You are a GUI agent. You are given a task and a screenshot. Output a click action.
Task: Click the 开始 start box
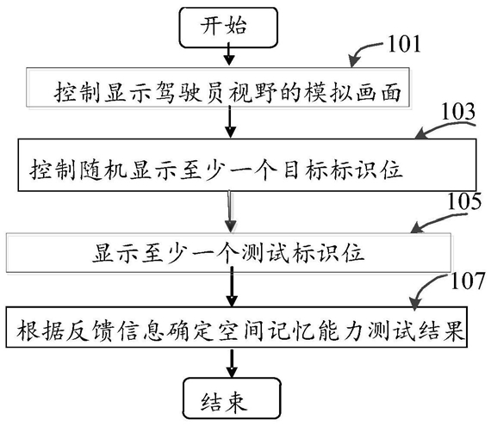(x=228, y=28)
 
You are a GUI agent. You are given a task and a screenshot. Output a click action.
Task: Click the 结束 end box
(x=232, y=398)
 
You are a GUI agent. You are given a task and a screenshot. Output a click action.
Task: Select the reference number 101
(x=404, y=44)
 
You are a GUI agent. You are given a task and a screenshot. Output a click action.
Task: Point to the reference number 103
(x=458, y=112)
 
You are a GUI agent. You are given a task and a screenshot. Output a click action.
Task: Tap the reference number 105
(x=464, y=201)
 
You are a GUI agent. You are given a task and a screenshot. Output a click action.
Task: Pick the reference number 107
(x=468, y=281)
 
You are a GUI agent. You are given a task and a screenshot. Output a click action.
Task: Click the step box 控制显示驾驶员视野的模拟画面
(x=218, y=87)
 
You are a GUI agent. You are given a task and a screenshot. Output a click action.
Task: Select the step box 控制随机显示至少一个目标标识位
(x=247, y=165)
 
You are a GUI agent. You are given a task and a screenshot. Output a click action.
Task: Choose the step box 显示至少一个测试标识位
(x=228, y=252)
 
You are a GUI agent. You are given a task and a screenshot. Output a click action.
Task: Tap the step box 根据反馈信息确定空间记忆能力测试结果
(x=236, y=327)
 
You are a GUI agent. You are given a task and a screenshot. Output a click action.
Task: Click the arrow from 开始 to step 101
(x=229, y=54)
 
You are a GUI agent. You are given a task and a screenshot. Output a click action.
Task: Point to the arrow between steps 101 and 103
(x=230, y=121)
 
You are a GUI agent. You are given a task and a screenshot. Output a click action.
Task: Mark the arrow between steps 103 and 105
(x=230, y=212)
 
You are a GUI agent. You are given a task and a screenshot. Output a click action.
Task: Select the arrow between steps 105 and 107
(x=232, y=287)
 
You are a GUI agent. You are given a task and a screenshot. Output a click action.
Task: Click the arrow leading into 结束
(x=232, y=364)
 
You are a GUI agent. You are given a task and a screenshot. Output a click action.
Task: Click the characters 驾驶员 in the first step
(x=190, y=92)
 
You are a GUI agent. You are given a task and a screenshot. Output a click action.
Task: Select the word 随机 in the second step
(x=104, y=170)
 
